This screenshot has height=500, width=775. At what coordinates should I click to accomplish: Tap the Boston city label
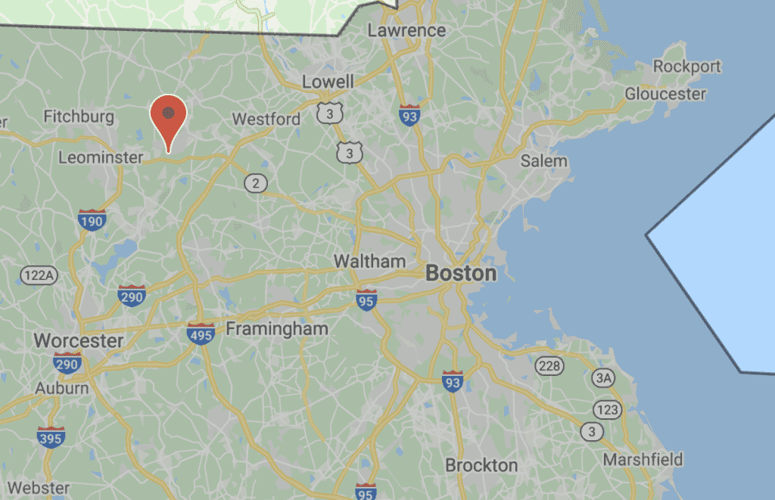[x=461, y=273]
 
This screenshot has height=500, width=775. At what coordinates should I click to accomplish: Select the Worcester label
[x=79, y=340]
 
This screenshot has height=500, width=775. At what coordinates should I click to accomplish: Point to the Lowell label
[x=328, y=81]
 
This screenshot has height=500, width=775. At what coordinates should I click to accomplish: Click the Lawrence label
[x=406, y=30]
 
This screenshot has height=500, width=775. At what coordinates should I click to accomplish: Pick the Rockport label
[x=687, y=67]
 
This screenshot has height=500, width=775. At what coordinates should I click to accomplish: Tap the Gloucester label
[x=665, y=95]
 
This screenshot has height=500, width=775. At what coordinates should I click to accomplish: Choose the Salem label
[x=543, y=160]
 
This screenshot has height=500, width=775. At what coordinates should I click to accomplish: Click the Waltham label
[x=370, y=261]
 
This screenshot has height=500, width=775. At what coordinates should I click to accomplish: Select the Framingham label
[x=277, y=328]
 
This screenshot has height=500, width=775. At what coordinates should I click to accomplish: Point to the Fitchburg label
[x=79, y=116]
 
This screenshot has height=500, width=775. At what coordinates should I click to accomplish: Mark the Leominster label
[x=101, y=157]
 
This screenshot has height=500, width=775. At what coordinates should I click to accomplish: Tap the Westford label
[x=266, y=119]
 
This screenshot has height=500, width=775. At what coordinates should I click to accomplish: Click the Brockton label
[x=481, y=464]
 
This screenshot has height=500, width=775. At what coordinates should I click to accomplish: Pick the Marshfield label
[x=643, y=459]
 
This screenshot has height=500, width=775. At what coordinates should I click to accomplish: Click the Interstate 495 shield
[x=201, y=334]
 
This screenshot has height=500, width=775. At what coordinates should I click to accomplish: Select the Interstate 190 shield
[x=92, y=221]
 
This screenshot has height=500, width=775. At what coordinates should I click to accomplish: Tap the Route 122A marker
[x=38, y=274]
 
